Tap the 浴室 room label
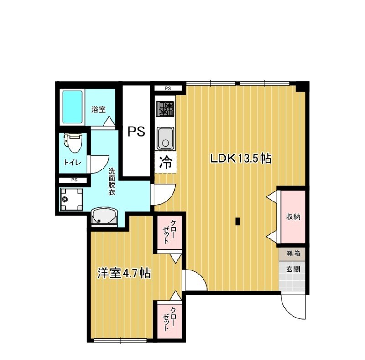pos(98,110)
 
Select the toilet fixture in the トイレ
pos(73,142)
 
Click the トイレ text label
pos(72,162)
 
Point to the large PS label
pos(136,132)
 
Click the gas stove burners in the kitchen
pos(166,109)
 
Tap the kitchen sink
pos(166,138)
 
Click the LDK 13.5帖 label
pos(240,159)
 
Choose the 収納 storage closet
pos(293,217)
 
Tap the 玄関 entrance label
pos(293,269)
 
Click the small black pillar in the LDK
pos(238,222)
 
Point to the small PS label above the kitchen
pos(167,88)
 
